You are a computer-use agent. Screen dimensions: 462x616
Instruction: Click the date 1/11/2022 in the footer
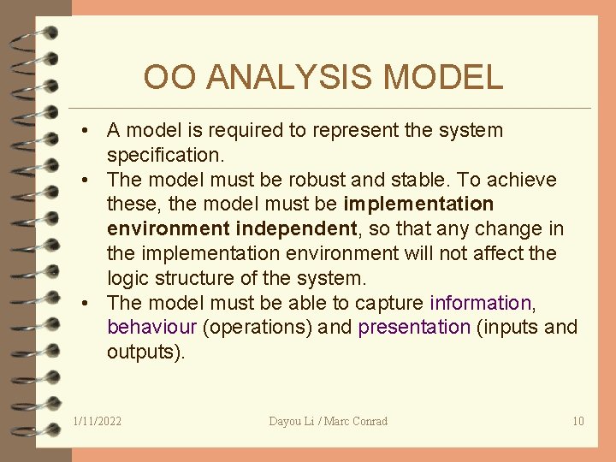coord(98,421)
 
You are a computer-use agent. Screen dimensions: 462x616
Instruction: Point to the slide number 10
coord(578,421)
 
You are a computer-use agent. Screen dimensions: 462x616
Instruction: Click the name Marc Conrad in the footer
coord(358,421)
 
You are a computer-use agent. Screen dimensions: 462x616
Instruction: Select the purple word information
coord(480,303)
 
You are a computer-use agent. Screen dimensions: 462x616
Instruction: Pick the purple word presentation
coord(414,328)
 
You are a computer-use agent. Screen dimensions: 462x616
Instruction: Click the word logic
coord(127,278)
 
